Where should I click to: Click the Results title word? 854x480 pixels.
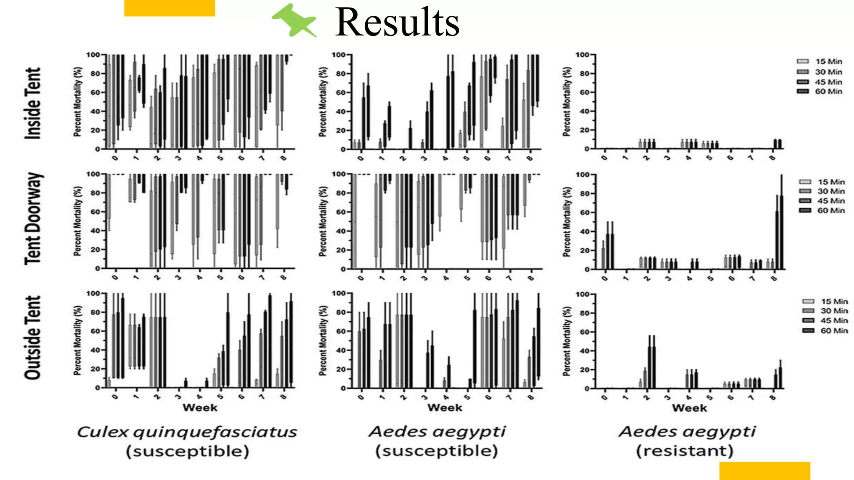(x=397, y=22)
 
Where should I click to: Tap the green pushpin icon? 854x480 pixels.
(x=294, y=20)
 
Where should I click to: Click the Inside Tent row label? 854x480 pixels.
(x=33, y=103)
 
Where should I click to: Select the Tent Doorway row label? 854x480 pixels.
(x=34, y=219)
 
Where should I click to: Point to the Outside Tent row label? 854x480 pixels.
(x=33, y=338)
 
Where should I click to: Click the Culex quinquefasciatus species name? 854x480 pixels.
(x=187, y=432)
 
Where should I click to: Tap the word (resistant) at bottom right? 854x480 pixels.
(x=684, y=451)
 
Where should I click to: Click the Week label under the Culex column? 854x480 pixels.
(x=200, y=407)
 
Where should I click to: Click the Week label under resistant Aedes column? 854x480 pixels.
(x=689, y=408)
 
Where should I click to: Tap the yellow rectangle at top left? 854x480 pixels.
(x=169, y=8)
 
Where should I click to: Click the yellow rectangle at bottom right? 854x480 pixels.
(x=764, y=471)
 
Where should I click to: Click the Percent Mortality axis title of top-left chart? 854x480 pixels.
(x=78, y=102)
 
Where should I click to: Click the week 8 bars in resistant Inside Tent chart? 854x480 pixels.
(x=777, y=144)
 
